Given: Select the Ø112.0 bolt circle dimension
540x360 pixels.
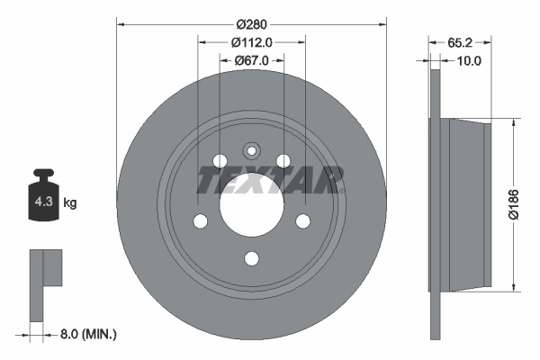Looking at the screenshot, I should tap(251, 42).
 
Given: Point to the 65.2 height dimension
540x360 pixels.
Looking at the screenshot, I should tap(460, 42).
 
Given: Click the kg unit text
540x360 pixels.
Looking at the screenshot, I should tap(70, 203).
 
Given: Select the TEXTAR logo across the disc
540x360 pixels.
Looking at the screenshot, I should tap(270, 181).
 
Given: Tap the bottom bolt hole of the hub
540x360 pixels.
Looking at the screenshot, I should tap(251, 260).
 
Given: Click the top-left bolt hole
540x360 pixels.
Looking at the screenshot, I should tap(220, 161).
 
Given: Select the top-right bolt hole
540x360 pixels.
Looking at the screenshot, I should tap(283, 161).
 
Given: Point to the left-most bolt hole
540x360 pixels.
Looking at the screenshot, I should tap(200, 221).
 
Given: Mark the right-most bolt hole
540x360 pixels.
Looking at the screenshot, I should tap(303, 221).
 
